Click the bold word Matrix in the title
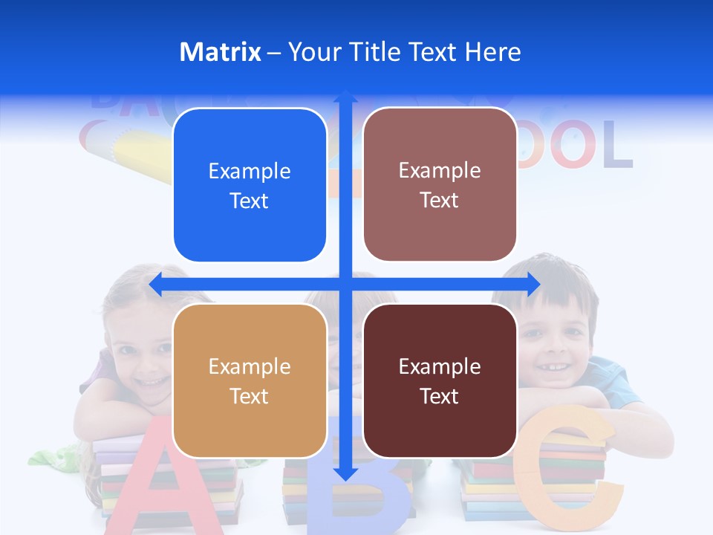221,52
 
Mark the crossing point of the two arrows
345,284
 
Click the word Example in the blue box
250,172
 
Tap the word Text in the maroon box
440,396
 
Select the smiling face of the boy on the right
553,342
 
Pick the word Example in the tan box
250,366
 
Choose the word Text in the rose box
440,201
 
